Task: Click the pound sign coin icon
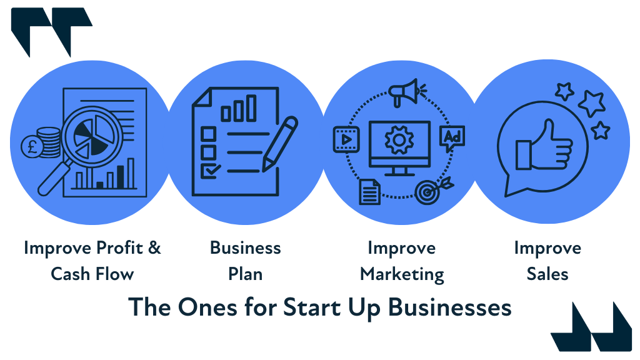31,148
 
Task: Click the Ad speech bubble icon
453,138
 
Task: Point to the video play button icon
344,139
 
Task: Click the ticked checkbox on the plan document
207,170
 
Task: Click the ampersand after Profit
154,248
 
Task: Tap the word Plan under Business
245,274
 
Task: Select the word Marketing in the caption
402,274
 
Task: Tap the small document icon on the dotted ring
369,192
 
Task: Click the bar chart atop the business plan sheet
234,110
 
